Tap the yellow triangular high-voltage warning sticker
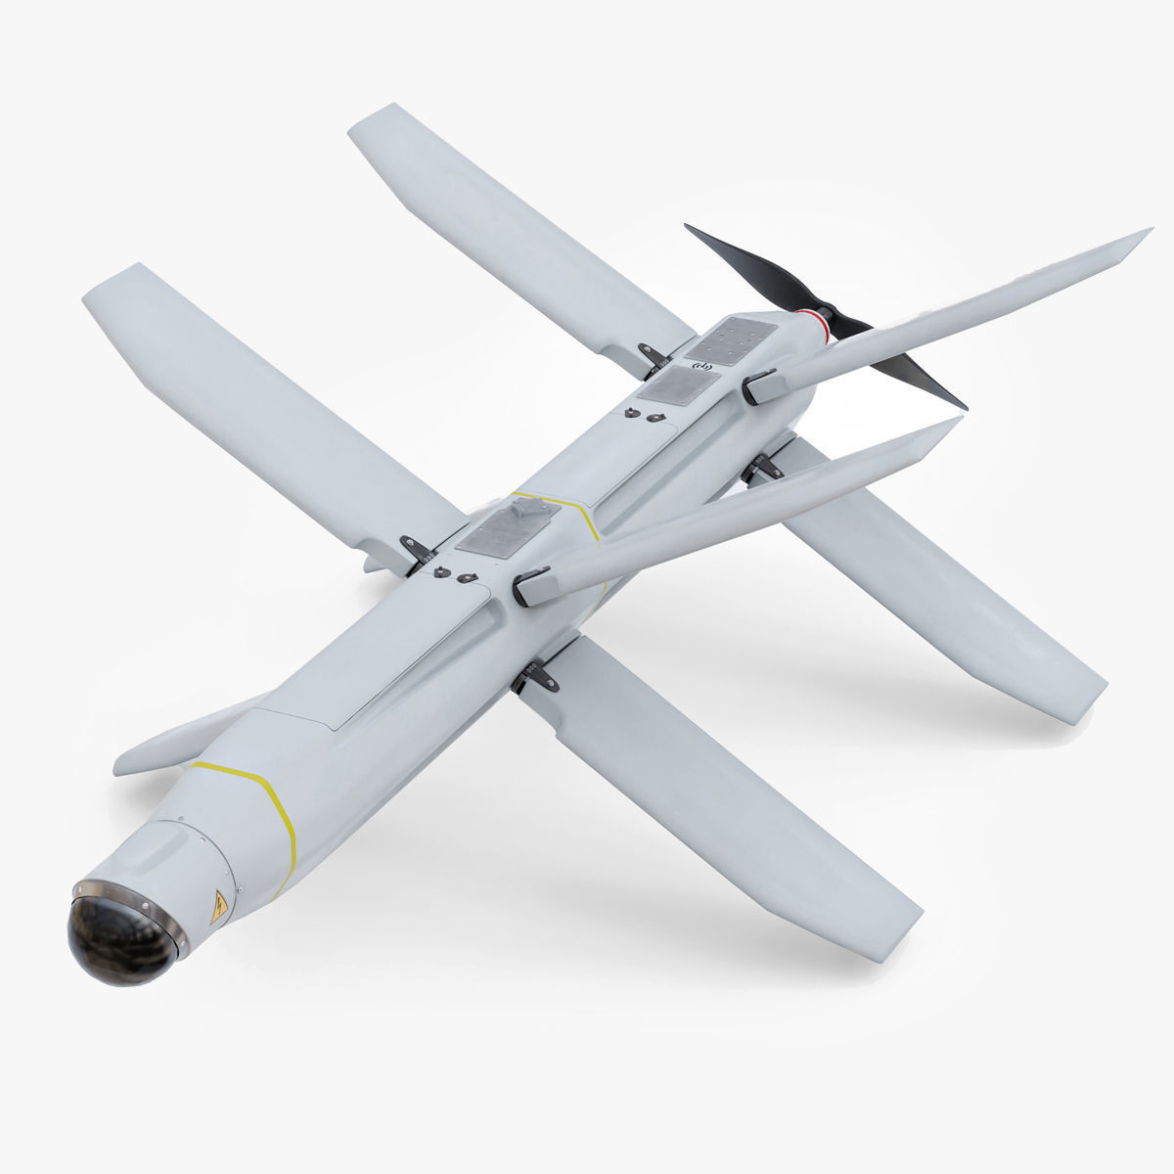point(219,907)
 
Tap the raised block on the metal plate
point(527,508)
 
